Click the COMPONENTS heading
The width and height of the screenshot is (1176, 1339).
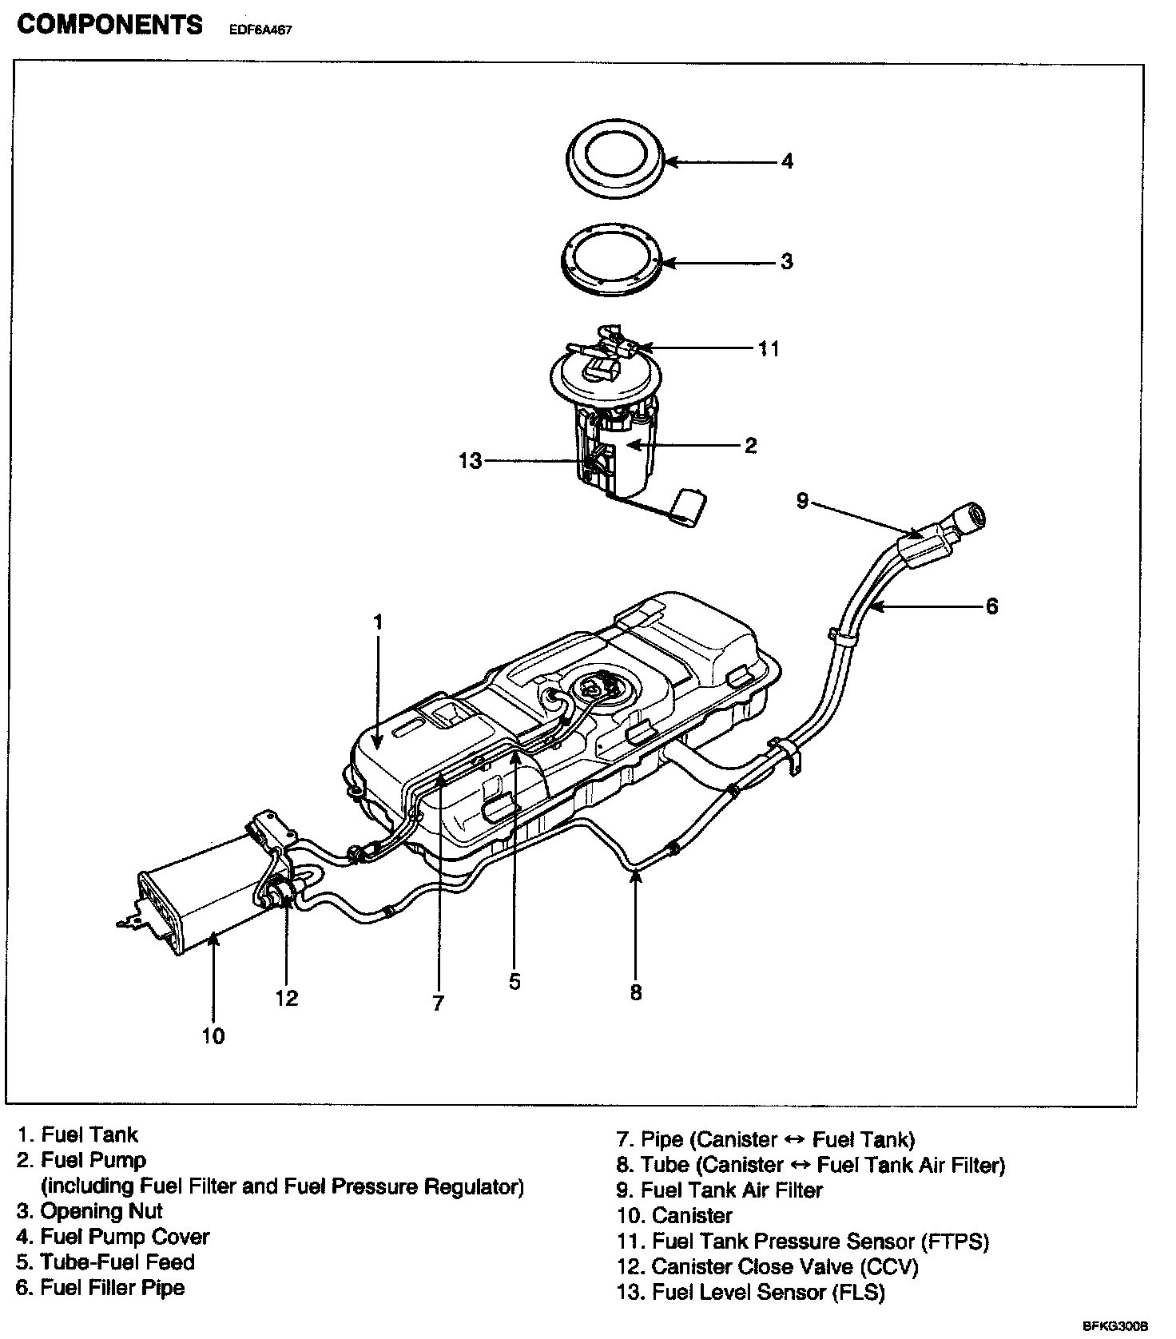tap(110, 25)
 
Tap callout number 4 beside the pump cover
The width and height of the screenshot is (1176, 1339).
tap(787, 161)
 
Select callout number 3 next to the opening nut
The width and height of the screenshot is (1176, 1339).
tap(787, 261)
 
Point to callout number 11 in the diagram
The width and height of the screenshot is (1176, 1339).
tap(769, 348)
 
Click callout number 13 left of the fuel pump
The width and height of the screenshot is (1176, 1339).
tap(471, 461)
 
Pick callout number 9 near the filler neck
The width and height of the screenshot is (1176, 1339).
tap(803, 501)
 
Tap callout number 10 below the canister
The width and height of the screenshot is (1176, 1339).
tap(213, 1036)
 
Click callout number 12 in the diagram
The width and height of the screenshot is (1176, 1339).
tap(286, 998)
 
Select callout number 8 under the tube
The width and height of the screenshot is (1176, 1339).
tap(636, 992)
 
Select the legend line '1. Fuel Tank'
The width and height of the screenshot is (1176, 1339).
tap(78, 1134)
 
